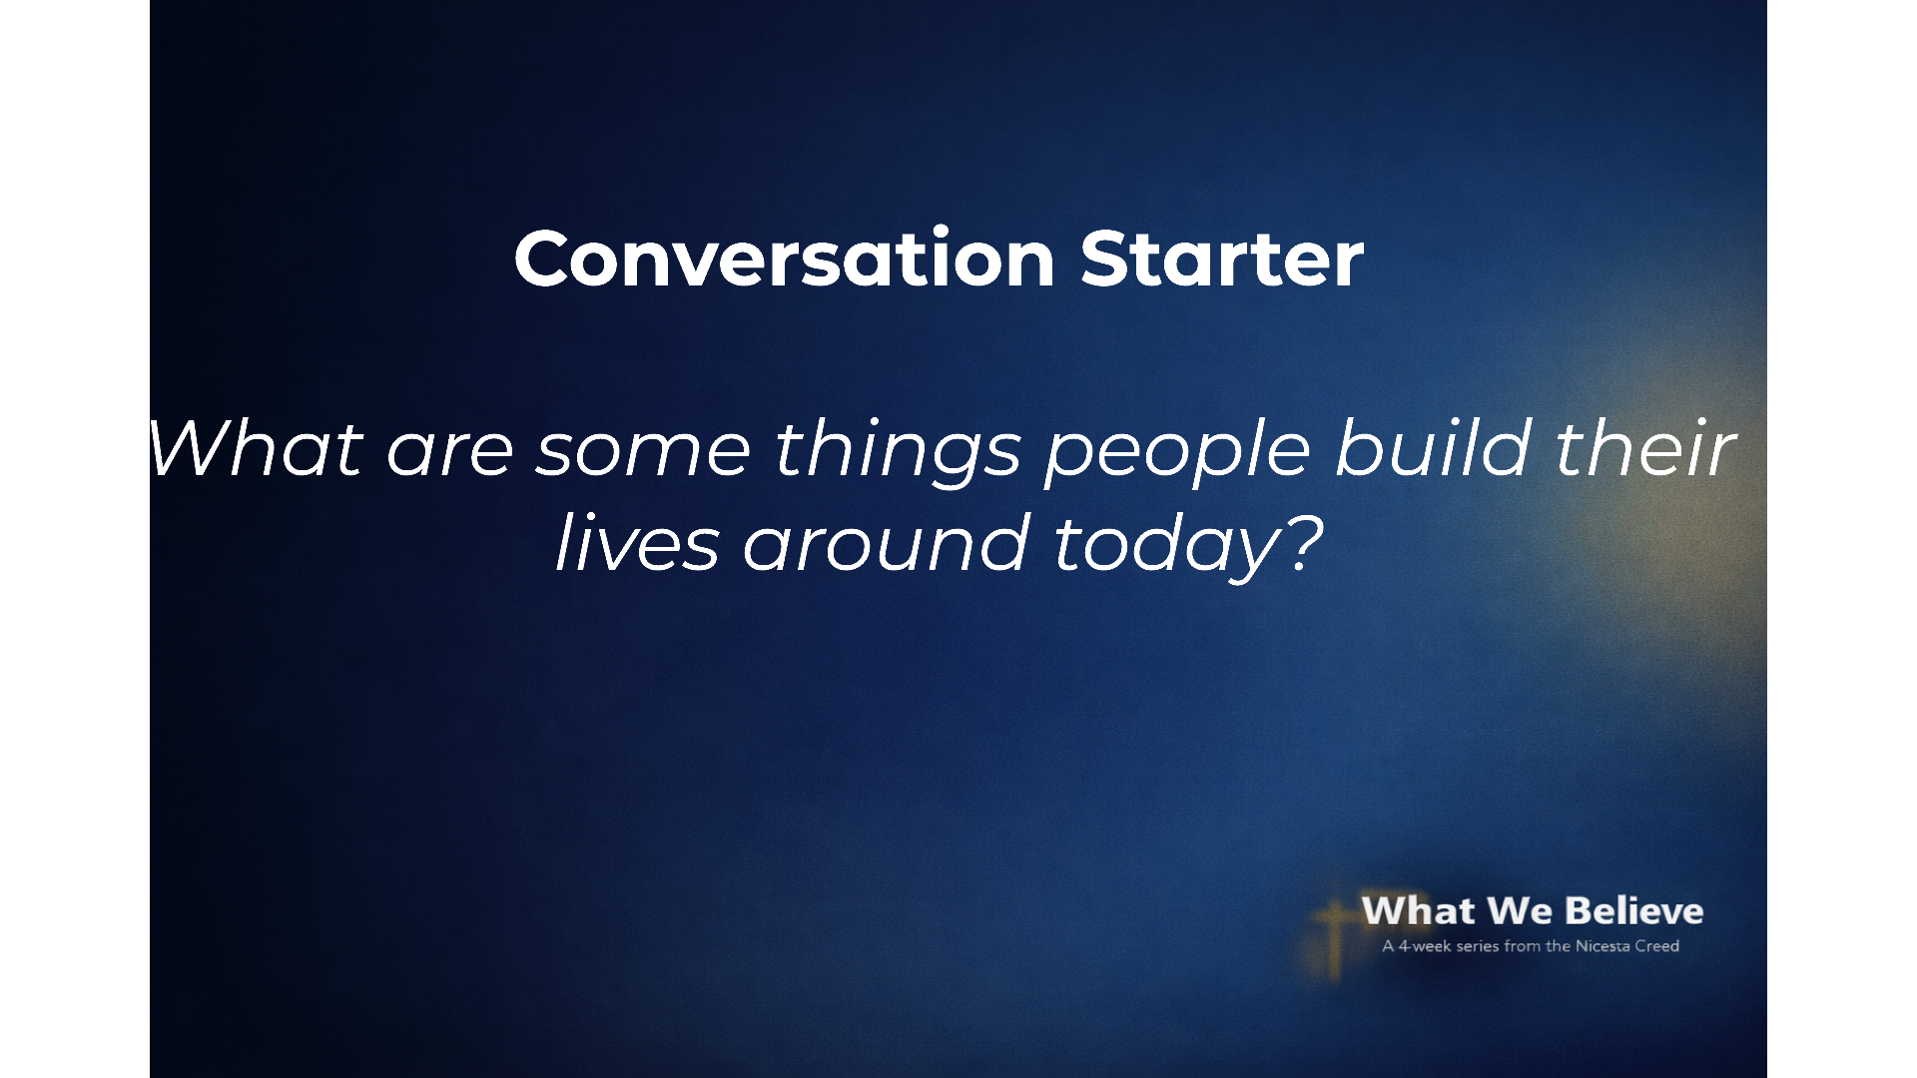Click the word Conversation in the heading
(785, 259)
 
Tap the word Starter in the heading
(1222, 259)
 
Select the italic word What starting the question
(256, 448)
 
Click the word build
(1432, 448)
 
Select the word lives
(637, 543)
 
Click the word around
(887, 543)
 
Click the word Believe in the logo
(1633, 910)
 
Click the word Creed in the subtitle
(1657, 946)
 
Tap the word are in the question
(449, 455)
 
